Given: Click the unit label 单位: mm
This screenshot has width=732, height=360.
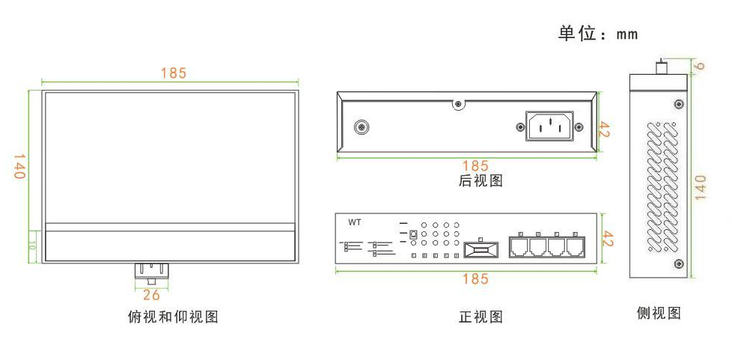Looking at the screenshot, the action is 598,34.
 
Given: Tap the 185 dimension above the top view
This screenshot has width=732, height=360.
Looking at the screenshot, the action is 174,73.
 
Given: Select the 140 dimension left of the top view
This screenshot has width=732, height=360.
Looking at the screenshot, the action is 19,167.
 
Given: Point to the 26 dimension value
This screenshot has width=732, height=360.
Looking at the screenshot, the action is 151,295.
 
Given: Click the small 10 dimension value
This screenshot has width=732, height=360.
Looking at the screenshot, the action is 32,246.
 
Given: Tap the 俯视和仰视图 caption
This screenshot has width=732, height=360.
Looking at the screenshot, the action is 173,317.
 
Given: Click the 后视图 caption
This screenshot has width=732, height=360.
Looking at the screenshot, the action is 481,180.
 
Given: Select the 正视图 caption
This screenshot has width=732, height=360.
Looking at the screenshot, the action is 481,317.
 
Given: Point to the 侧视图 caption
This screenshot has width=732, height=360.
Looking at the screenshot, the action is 659,313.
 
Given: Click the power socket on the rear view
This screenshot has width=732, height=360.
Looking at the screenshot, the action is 549,126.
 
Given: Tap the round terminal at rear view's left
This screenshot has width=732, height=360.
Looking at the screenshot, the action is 361,127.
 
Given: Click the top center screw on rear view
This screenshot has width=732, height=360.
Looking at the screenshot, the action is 458,104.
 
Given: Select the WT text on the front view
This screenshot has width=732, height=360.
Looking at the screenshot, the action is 354,223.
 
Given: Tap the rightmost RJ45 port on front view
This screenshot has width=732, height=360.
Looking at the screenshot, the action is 576,245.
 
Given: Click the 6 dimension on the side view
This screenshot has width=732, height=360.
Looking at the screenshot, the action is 699,66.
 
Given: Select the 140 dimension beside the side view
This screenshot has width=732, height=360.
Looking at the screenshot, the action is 701,187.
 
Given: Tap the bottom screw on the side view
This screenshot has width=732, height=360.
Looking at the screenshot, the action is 678,264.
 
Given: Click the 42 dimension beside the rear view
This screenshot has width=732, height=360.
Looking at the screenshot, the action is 605,129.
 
